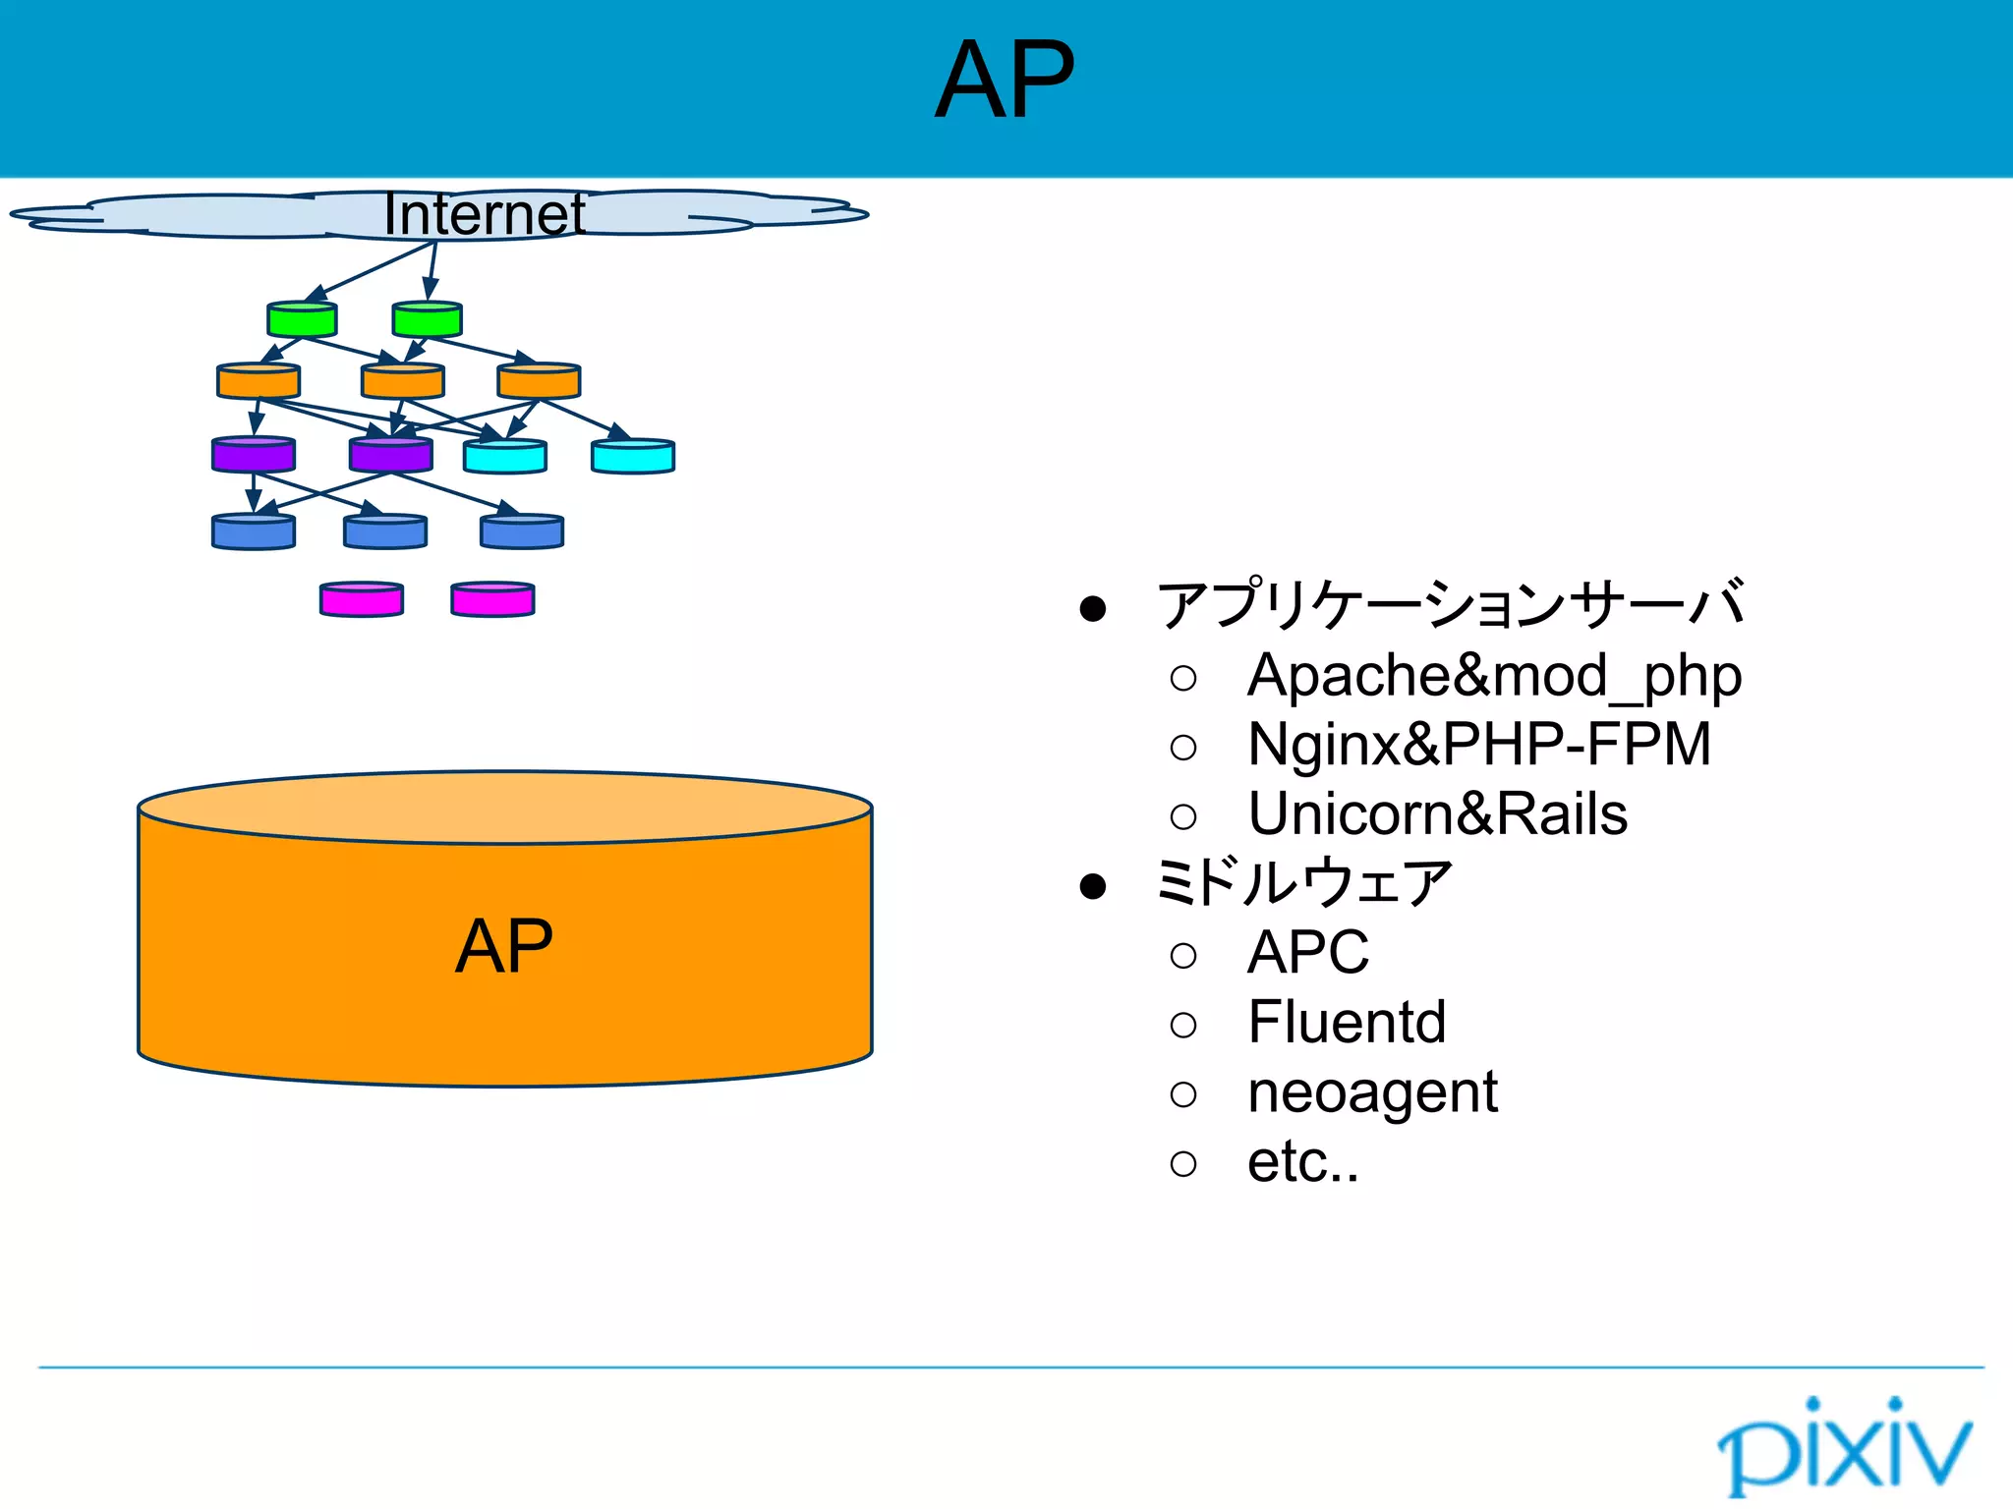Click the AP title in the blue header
(1005, 81)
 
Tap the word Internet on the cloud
(484, 214)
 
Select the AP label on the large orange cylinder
(504, 946)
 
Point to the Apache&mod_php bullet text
(1494, 676)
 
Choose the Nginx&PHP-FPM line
(1479, 745)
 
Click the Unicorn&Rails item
(1437, 814)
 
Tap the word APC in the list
(1307, 953)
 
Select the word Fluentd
(1347, 1022)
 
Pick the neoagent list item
(1372, 1092)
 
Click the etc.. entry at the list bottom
(1302, 1162)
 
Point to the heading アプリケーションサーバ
(1451, 604)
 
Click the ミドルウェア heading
(1303, 882)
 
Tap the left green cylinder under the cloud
(302, 319)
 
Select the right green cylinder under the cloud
(427, 319)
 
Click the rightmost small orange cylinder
(539, 381)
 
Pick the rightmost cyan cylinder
(633, 457)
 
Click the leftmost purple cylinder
(254, 455)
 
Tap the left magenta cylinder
(362, 599)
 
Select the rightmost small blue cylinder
(522, 531)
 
